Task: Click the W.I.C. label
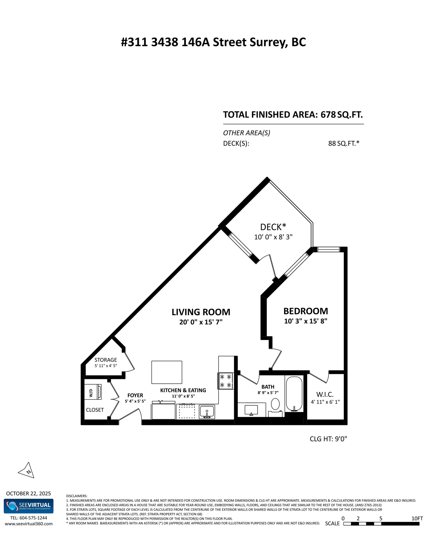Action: (x=325, y=394)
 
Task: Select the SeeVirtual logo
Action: (x=28, y=506)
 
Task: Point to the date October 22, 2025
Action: (x=28, y=493)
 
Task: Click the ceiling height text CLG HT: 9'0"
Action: (x=328, y=439)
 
